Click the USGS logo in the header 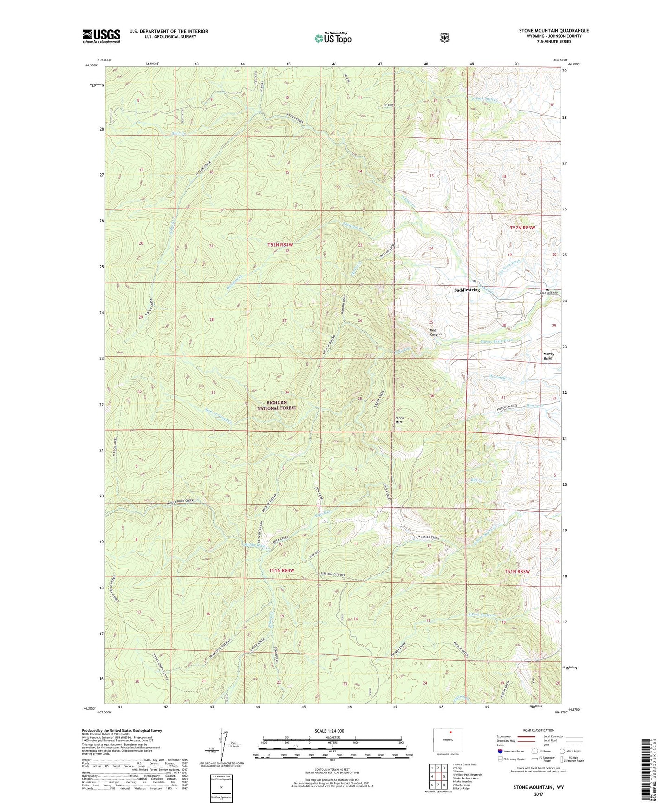[101, 36]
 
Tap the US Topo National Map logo [332, 38]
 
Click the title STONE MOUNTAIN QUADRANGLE [554, 31]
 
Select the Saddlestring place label [467, 290]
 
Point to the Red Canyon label [435, 332]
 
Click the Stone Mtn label [399, 420]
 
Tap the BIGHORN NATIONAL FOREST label [277, 405]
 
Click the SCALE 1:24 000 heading [329, 731]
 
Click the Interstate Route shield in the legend [500, 751]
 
